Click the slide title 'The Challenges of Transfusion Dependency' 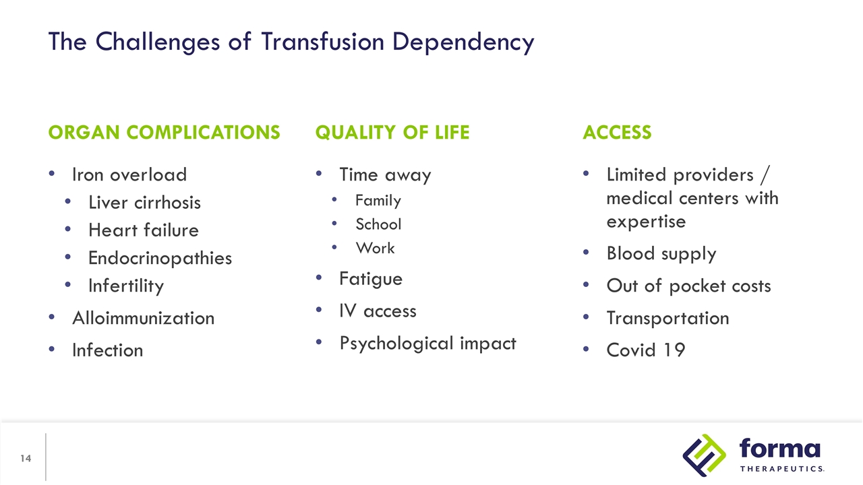point(291,42)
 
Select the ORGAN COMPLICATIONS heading point(164,132)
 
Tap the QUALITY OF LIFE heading point(392,132)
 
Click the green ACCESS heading point(617,132)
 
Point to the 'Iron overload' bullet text point(129,174)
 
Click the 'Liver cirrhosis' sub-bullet point(144,202)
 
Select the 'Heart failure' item point(144,230)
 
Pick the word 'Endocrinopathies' point(160,258)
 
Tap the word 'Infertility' point(126,286)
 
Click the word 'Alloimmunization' point(143,318)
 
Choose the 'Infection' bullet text point(107,350)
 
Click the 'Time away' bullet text point(385,174)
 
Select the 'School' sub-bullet point(378,224)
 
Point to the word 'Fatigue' point(371,278)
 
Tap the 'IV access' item point(378,311)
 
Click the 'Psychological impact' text point(427,343)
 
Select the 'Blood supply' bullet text point(661,253)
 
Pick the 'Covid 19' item point(645,350)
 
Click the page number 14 point(26,459)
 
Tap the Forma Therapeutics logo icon point(704,455)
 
